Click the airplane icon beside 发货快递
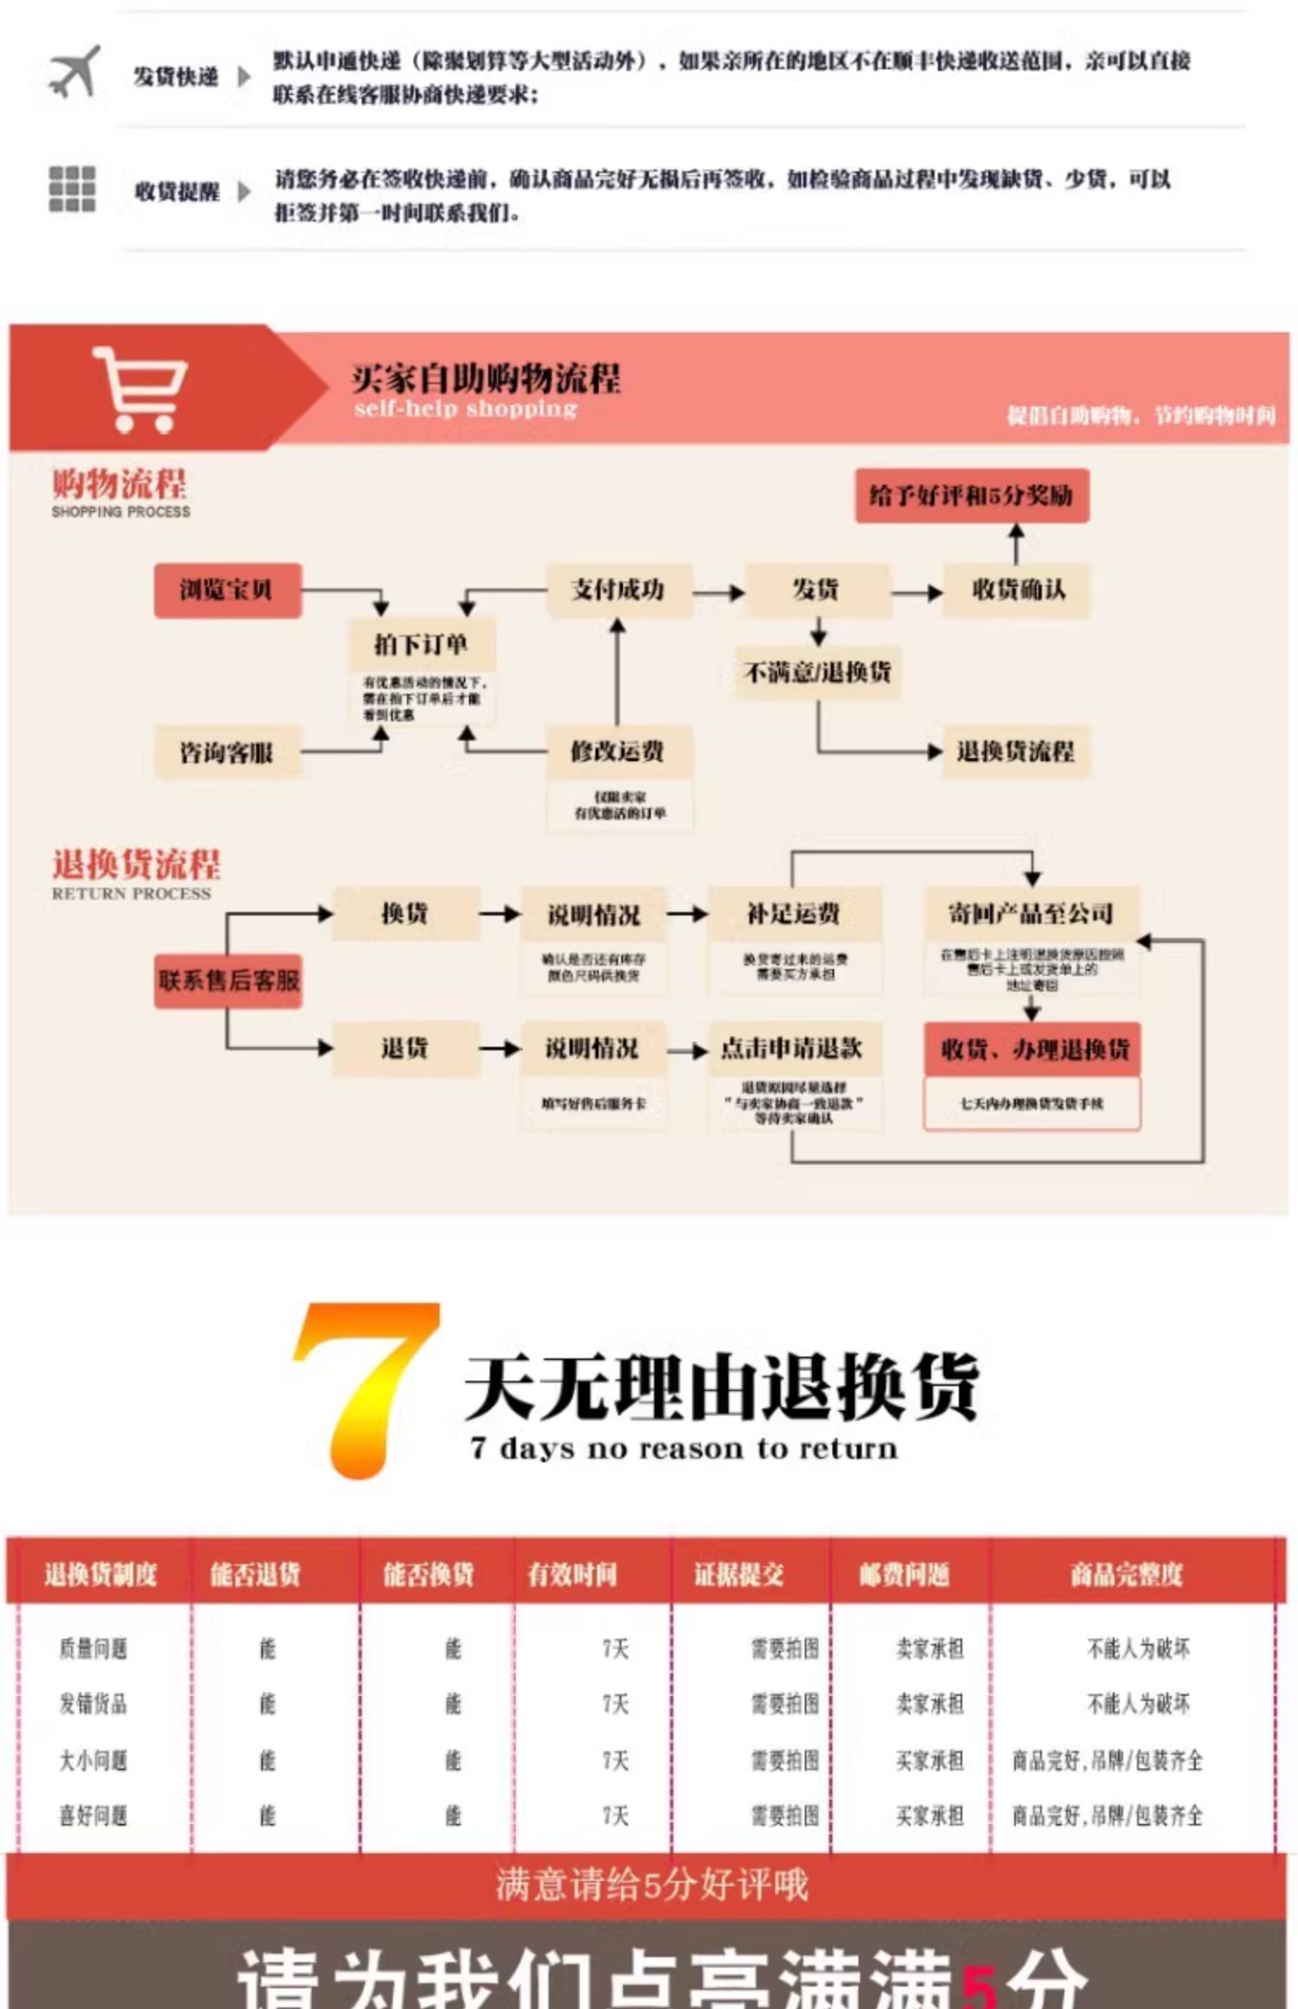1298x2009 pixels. tap(74, 72)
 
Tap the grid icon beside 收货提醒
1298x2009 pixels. tap(72, 189)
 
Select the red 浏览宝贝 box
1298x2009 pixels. tap(228, 590)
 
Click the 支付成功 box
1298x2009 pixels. tap(618, 590)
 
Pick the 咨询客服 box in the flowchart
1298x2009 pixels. tap(227, 753)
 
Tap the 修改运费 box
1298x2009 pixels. tap(618, 751)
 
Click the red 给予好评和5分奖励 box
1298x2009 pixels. tap(971, 496)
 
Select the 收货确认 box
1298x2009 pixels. tap(1017, 590)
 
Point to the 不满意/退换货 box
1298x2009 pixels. tap(818, 671)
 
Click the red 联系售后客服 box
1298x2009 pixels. tap(228, 980)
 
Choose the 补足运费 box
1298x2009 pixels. tap(794, 914)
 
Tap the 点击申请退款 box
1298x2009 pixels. tap(793, 1049)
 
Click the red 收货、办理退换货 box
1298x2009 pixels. tap(1032, 1049)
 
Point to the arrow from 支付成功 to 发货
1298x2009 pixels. tap(718, 593)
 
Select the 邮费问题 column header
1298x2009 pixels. tap(903, 1574)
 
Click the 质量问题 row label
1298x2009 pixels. tap(93, 1649)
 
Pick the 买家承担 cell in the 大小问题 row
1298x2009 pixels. tap(929, 1760)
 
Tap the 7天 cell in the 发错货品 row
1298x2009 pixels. tap(615, 1704)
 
